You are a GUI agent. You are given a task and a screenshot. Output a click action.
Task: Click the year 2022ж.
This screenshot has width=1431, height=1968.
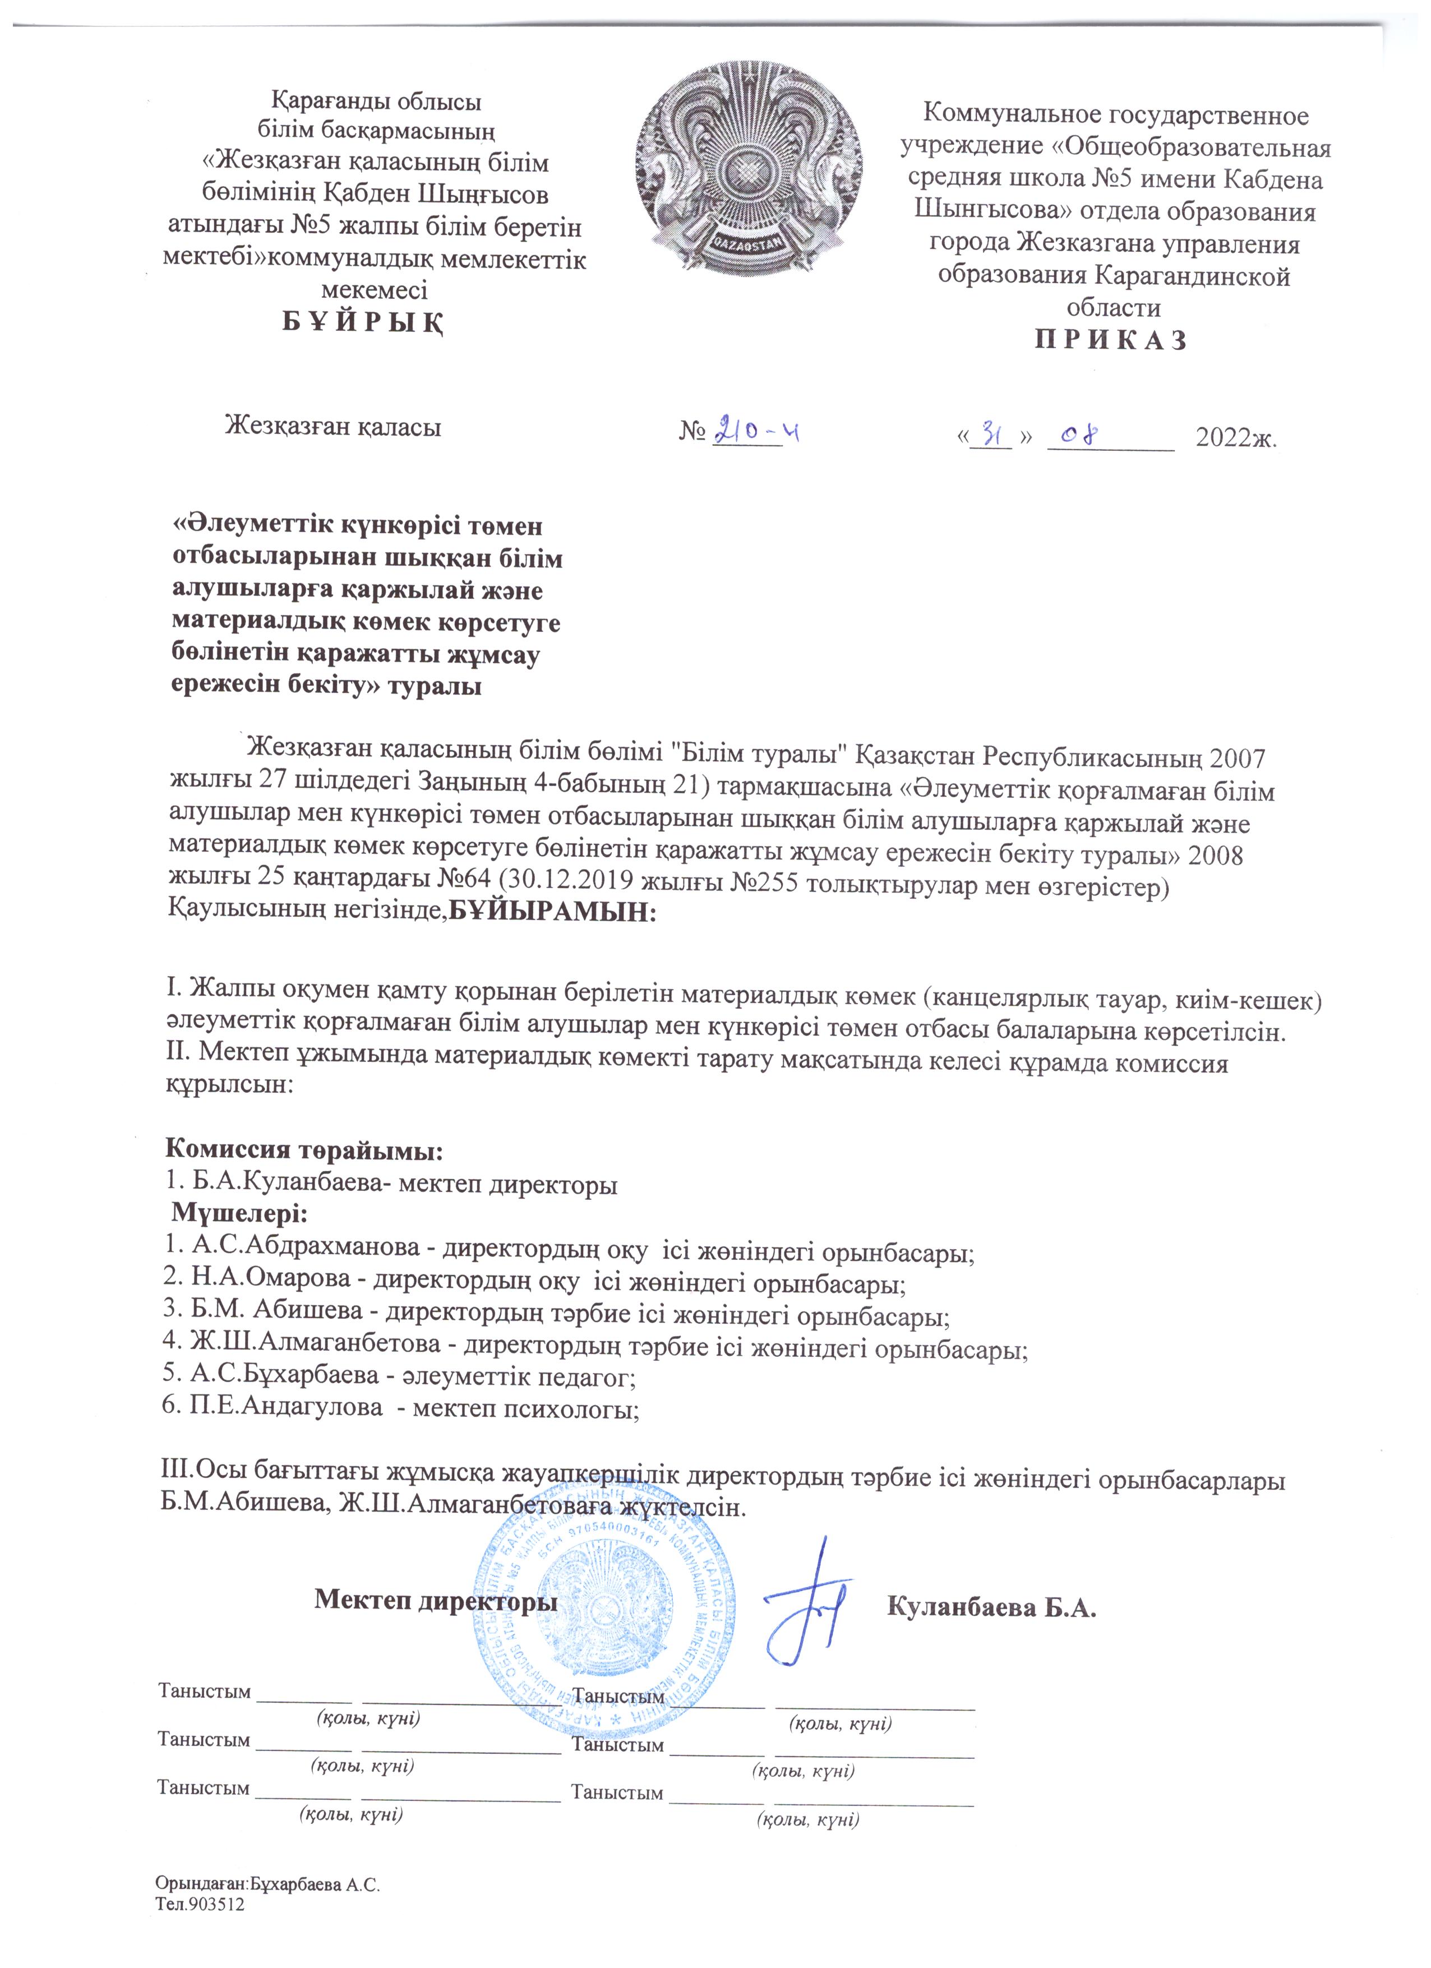click(1236, 438)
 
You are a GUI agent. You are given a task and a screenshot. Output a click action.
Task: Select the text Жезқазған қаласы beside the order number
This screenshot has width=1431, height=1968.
click(333, 427)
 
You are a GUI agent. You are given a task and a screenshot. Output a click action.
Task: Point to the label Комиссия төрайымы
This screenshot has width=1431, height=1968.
click(304, 1151)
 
